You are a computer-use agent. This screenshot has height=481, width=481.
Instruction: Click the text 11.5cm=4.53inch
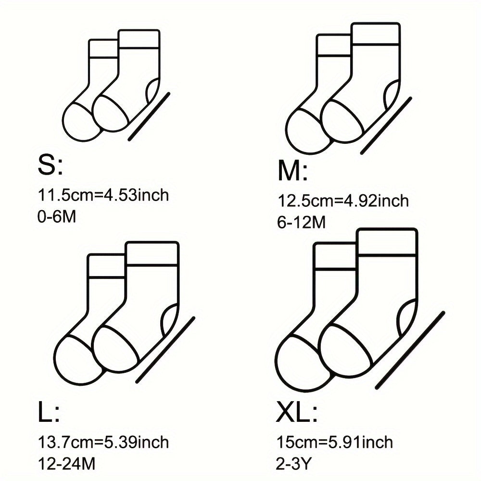[x=103, y=195]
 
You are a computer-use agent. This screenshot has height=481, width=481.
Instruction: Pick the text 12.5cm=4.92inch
[x=343, y=201]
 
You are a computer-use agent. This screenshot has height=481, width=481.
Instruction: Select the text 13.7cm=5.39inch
[x=103, y=442]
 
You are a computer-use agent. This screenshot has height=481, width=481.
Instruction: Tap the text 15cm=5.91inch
[x=335, y=442]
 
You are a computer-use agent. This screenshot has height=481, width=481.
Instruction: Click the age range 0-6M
[x=57, y=217]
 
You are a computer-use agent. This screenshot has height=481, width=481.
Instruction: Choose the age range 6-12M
[x=301, y=223]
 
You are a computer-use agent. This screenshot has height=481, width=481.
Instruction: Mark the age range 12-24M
[x=66, y=464]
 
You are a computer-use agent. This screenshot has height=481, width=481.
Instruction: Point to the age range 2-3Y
[x=294, y=464]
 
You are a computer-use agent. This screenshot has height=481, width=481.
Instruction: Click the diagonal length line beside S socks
[x=149, y=116]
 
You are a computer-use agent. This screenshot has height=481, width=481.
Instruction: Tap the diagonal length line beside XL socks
[x=410, y=350]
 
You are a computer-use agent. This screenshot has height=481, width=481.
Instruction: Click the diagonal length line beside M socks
[x=386, y=125]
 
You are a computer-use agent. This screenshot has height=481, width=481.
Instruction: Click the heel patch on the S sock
[x=153, y=90]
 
